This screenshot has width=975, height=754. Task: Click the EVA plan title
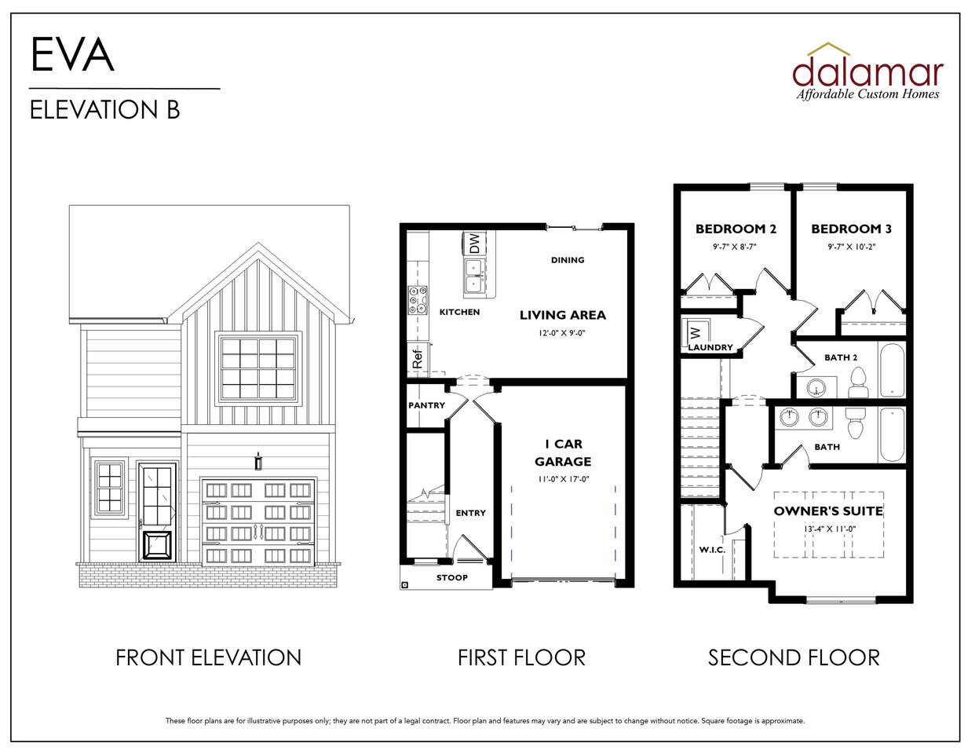click(x=72, y=54)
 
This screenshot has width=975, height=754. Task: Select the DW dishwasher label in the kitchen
click(x=474, y=243)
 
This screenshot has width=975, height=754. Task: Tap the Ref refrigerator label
click(x=417, y=359)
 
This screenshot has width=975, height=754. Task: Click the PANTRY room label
click(x=426, y=405)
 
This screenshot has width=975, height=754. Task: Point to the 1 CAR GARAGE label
click(x=563, y=452)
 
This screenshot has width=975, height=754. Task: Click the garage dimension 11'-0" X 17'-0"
click(x=563, y=479)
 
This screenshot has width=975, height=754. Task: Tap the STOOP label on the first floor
click(x=451, y=577)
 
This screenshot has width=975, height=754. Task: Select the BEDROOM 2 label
click(x=736, y=229)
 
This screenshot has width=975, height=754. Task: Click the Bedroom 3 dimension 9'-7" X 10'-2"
click(x=851, y=247)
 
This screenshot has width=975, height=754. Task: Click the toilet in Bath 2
click(x=857, y=384)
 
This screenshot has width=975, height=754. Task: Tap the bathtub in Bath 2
click(x=893, y=369)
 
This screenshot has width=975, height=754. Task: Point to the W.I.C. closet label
click(x=712, y=550)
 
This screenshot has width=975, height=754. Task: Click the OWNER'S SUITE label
click(x=828, y=511)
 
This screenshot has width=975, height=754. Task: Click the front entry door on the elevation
click(x=158, y=511)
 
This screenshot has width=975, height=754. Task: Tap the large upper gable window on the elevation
click(x=259, y=369)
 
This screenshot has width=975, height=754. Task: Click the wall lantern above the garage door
click(x=258, y=461)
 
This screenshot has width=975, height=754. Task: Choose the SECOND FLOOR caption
click(x=793, y=657)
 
